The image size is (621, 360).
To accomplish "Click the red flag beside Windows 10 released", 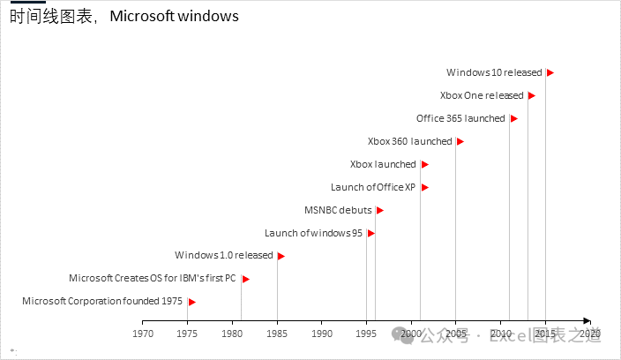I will pyautogui.click(x=550, y=72).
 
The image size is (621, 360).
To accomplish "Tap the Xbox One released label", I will pyautogui.click(x=481, y=95).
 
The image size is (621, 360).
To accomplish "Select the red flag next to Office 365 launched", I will pyautogui.click(x=514, y=118).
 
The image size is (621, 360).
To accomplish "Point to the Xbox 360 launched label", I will pyautogui.click(x=409, y=141).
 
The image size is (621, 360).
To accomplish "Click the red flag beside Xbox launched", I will pyautogui.click(x=424, y=164).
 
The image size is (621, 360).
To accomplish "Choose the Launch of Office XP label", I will pyautogui.click(x=373, y=187).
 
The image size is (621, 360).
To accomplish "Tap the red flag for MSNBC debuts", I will pyautogui.click(x=379, y=210).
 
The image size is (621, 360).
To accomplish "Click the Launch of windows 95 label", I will pyautogui.click(x=313, y=233).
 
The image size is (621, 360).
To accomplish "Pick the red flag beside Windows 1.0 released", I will pyautogui.click(x=281, y=256).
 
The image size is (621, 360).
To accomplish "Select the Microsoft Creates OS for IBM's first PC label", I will pyautogui.click(x=153, y=279).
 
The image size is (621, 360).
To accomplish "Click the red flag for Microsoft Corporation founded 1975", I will pyautogui.click(x=191, y=302).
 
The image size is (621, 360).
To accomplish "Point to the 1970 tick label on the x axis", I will pyautogui.click(x=143, y=334).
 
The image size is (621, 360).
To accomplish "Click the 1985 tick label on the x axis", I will pyautogui.click(x=277, y=334).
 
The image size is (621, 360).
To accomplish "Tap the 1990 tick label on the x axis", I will pyautogui.click(x=322, y=334).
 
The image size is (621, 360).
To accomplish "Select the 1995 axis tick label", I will pyautogui.click(x=367, y=334).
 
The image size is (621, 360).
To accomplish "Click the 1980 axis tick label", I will pyautogui.click(x=232, y=334).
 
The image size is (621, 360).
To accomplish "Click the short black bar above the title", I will pyautogui.click(x=27, y=3).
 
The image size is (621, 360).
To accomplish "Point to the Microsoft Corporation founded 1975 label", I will pyautogui.click(x=102, y=302).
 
